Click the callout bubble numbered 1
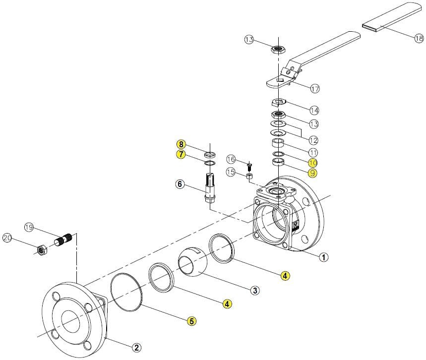point(323,257)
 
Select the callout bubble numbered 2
point(136,347)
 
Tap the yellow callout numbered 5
point(191,321)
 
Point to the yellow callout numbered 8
point(182,144)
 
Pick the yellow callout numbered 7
point(182,154)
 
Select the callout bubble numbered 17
point(314,89)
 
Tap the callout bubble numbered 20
point(7,239)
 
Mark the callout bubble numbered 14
point(314,110)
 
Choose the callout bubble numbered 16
point(231,159)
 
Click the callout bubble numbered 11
point(313,152)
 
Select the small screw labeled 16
point(250,166)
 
